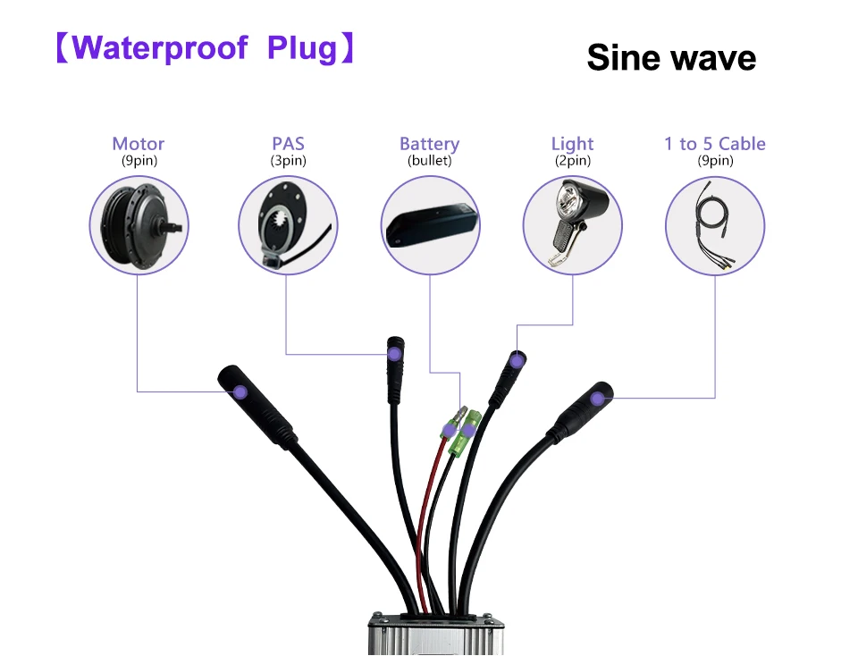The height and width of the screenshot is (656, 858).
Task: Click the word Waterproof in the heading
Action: [x=160, y=47]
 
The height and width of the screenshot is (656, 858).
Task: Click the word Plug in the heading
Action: [x=302, y=48]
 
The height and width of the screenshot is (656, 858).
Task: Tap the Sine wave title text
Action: [x=671, y=57]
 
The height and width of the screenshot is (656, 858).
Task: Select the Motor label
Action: [x=139, y=143]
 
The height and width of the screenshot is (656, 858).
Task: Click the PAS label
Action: [x=289, y=143]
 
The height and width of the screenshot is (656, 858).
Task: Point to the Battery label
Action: [x=430, y=144]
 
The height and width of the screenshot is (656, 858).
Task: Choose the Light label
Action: [x=572, y=144]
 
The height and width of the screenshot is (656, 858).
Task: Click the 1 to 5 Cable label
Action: [x=715, y=143]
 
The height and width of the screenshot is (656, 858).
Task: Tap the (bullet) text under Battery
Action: [x=430, y=160]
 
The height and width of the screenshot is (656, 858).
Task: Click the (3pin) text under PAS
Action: [x=289, y=160]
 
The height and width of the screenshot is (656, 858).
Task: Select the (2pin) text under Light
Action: [x=572, y=160]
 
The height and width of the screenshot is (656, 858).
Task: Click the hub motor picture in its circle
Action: [x=140, y=225]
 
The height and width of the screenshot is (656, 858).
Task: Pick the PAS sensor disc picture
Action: [x=282, y=227]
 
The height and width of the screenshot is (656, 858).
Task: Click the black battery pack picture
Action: [x=432, y=225]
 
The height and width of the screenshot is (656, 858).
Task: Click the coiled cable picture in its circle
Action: [x=714, y=224]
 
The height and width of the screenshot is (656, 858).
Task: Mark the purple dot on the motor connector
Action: [x=240, y=391]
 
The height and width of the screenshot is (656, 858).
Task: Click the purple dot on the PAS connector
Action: [x=394, y=354]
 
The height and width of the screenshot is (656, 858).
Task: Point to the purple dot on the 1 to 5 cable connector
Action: [x=598, y=399]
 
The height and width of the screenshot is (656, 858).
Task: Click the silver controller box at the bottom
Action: [x=436, y=635]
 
